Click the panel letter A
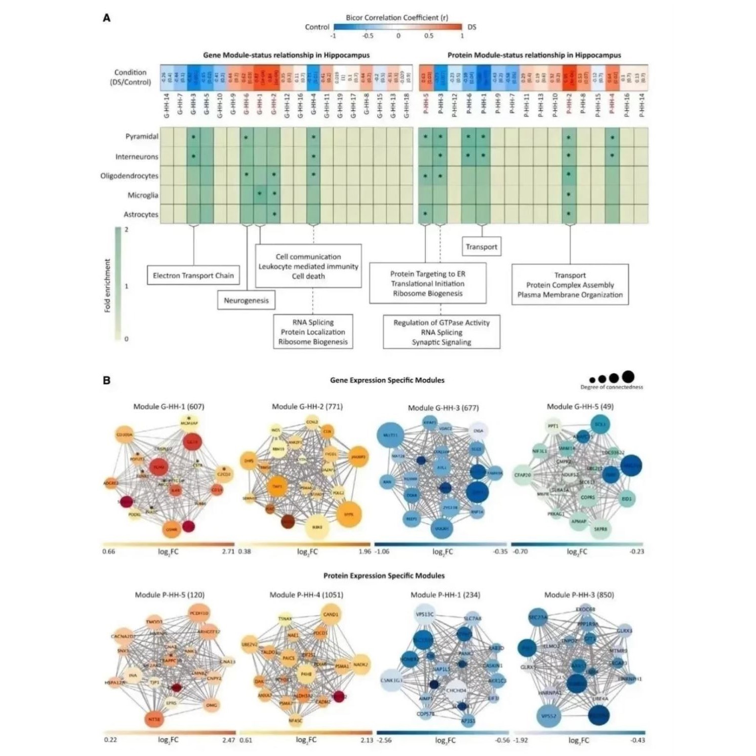107,18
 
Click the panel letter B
107,380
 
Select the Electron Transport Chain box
193,275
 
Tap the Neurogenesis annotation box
246,300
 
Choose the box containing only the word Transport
481,247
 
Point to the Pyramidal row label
142,137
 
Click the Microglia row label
143,195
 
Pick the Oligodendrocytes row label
129,176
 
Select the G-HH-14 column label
167,106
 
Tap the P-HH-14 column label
642,106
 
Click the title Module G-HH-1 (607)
169,407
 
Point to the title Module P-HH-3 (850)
579,595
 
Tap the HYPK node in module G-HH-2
348,514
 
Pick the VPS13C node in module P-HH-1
424,614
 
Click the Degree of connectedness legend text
612,387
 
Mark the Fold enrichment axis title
107,286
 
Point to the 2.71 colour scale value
228,551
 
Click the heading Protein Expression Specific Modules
384,576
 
